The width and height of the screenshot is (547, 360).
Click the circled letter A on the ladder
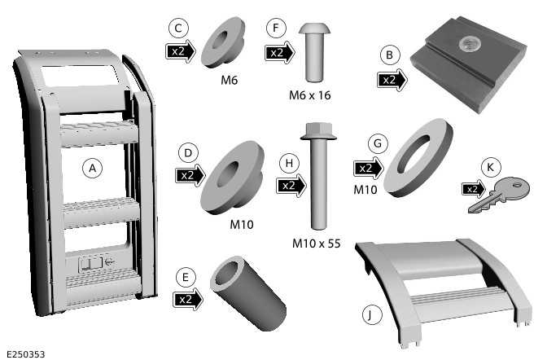click(92, 169)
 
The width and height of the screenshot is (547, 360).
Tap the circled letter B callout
click(389, 55)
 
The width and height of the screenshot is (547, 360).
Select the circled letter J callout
click(370, 314)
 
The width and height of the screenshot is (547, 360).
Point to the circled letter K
click(491, 167)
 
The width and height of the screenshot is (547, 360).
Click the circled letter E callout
click(186, 277)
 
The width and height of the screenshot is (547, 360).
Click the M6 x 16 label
click(310, 95)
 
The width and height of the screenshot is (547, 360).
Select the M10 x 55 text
click(316, 243)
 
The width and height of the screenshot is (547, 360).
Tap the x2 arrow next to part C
click(181, 51)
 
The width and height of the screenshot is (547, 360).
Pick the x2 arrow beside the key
click(474, 189)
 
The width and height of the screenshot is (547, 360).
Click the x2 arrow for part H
click(291, 186)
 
